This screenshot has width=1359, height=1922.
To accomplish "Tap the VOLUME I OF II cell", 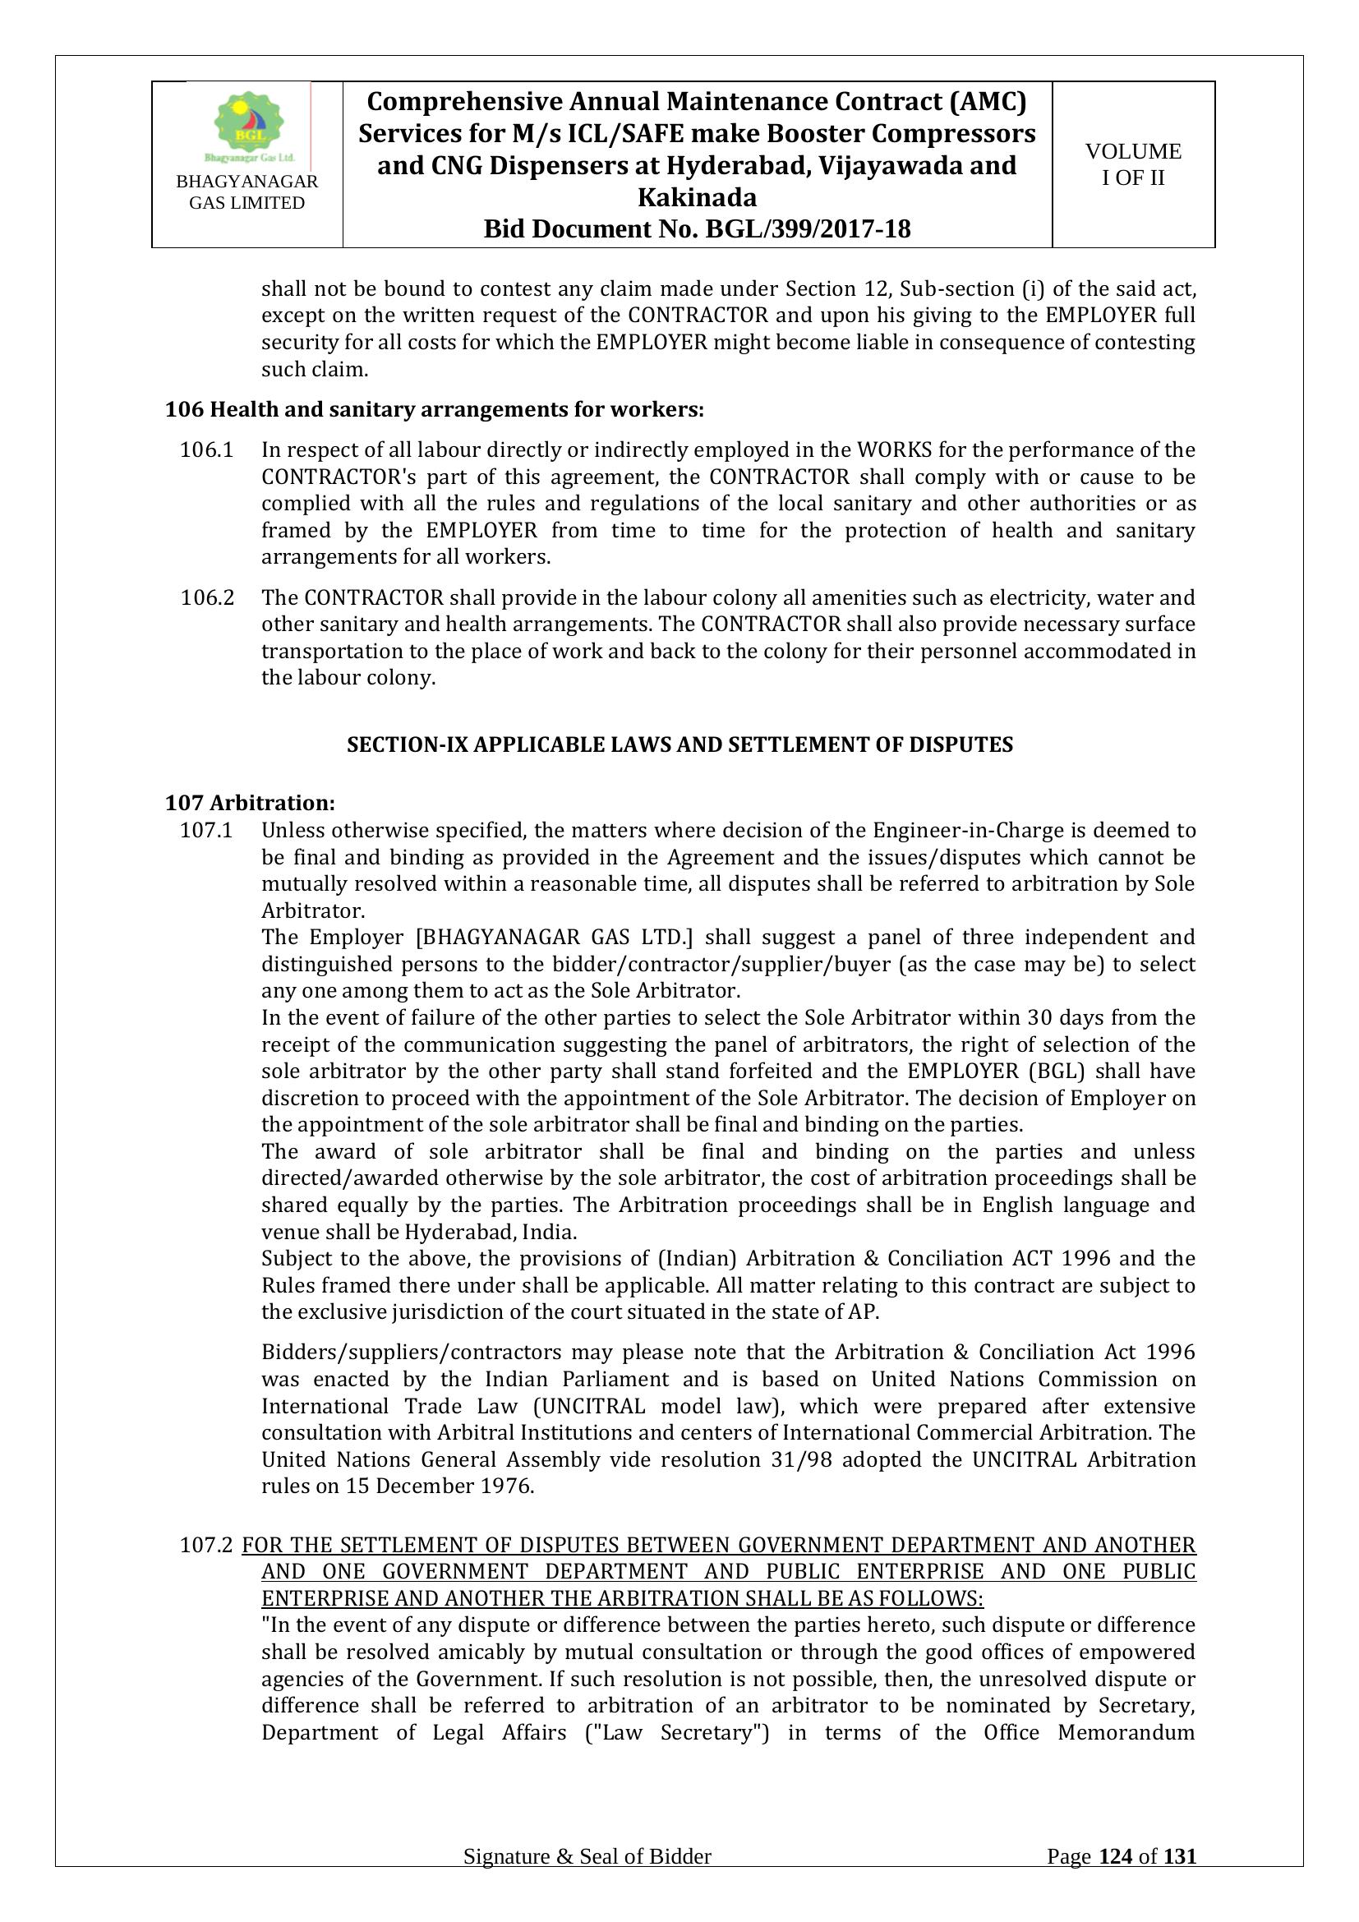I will (x=1133, y=164).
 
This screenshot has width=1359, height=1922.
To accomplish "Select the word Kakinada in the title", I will (x=697, y=197).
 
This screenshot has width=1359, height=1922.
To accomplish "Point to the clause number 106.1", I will (x=206, y=450).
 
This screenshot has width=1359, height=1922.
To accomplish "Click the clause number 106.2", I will (x=207, y=597).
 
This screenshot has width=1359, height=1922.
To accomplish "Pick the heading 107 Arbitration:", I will (x=251, y=803).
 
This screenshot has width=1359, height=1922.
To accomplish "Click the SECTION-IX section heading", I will (x=679, y=744).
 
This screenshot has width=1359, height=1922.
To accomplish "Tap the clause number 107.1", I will (x=206, y=831).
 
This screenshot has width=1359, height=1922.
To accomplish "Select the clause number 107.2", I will (x=206, y=1546).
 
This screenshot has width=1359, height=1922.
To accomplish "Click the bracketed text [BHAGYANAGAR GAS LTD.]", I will (x=554, y=937).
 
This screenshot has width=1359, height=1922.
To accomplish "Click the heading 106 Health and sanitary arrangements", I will (x=435, y=409).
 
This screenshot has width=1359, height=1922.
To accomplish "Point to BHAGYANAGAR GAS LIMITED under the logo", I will (x=246, y=192).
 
